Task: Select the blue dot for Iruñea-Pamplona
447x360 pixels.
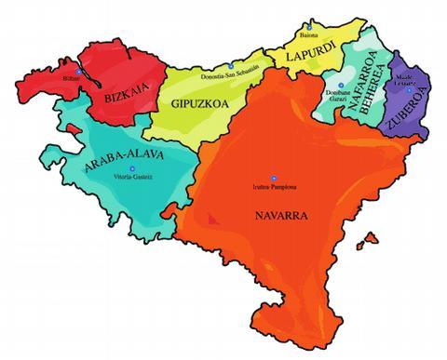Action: pyautogui.click(x=273, y=178)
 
